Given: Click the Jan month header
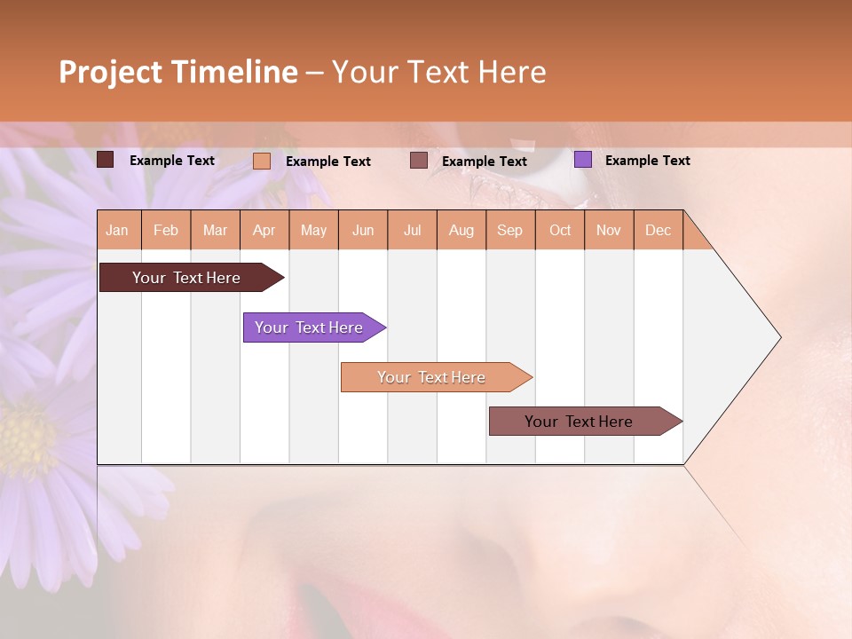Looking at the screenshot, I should coord(118,230).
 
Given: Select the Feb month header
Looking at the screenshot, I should coord(166,230).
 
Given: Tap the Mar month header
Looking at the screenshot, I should coord(215,230).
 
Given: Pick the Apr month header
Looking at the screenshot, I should coord(264,230).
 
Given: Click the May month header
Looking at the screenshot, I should coord(313,230).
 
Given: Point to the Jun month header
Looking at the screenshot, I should coord(363,230).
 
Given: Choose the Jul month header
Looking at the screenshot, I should coord(412,230).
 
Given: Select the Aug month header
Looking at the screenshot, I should coord(461,230).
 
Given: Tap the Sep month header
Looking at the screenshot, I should coord(510,230).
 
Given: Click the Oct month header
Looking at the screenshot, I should coord(560,230).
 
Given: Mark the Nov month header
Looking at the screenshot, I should coord(609,230).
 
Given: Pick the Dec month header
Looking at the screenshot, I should coord(658,230).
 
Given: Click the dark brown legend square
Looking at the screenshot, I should coord(106,160).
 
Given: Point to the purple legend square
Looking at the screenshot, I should coord(582,160).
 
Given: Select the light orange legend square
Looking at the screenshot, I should coord(262,161).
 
